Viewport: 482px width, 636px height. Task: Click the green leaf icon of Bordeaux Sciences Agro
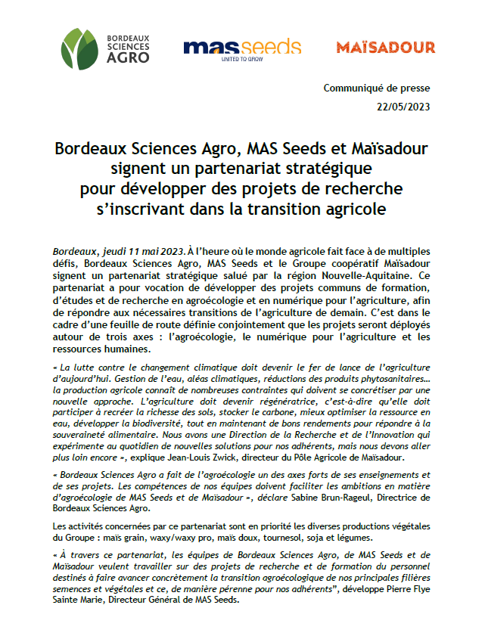79,48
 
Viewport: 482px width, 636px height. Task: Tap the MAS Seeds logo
242,48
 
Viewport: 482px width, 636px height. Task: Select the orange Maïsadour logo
385,48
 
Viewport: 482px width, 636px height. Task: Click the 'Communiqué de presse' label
376,88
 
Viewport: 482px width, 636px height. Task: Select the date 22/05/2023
403,107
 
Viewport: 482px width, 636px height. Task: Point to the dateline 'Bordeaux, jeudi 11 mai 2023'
119,251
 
